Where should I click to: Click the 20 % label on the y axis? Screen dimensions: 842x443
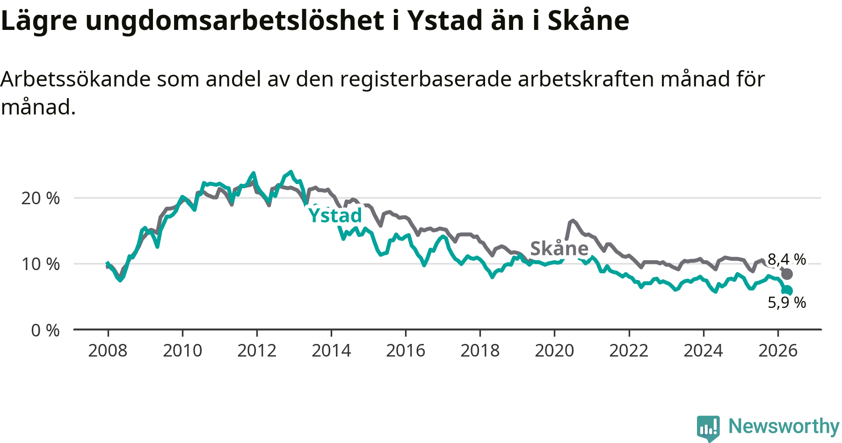(41, 198)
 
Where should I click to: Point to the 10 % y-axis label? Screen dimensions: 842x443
(41, 264)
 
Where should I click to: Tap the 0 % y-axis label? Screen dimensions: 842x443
(45, 330)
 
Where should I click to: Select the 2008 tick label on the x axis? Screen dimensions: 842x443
(108, 350)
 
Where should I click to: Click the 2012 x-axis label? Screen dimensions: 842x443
(257, 350)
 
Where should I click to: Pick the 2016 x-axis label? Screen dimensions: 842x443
(406, 350)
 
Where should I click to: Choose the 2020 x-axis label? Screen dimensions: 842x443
(554, 350)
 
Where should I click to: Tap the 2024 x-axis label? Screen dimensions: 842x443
(703, 350)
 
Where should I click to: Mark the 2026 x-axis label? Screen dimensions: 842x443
(777, 350)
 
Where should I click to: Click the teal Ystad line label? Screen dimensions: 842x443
(335, 215)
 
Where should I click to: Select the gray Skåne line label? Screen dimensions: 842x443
(559, 248)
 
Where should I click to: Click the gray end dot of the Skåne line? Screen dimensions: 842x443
(787, 274)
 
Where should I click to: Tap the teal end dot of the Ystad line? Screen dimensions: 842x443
(787, 290)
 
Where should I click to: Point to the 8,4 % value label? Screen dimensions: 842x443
(787, 259)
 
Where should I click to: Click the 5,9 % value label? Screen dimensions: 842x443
(787, 302)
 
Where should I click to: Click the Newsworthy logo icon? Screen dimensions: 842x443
(708, 428)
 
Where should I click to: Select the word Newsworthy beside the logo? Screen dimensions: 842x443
(784, 426)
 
